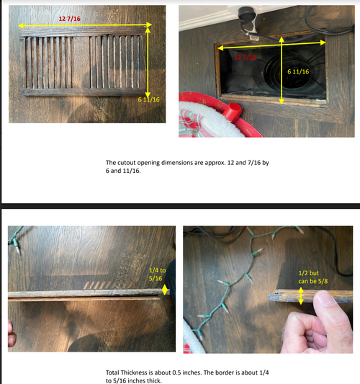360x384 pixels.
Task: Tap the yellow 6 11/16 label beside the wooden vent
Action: [148, 99]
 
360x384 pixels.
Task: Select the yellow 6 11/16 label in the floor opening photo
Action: [298, 71]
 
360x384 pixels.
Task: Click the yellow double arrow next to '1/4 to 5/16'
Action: [166, 290]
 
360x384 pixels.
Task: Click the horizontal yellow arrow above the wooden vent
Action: [86, 25]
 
